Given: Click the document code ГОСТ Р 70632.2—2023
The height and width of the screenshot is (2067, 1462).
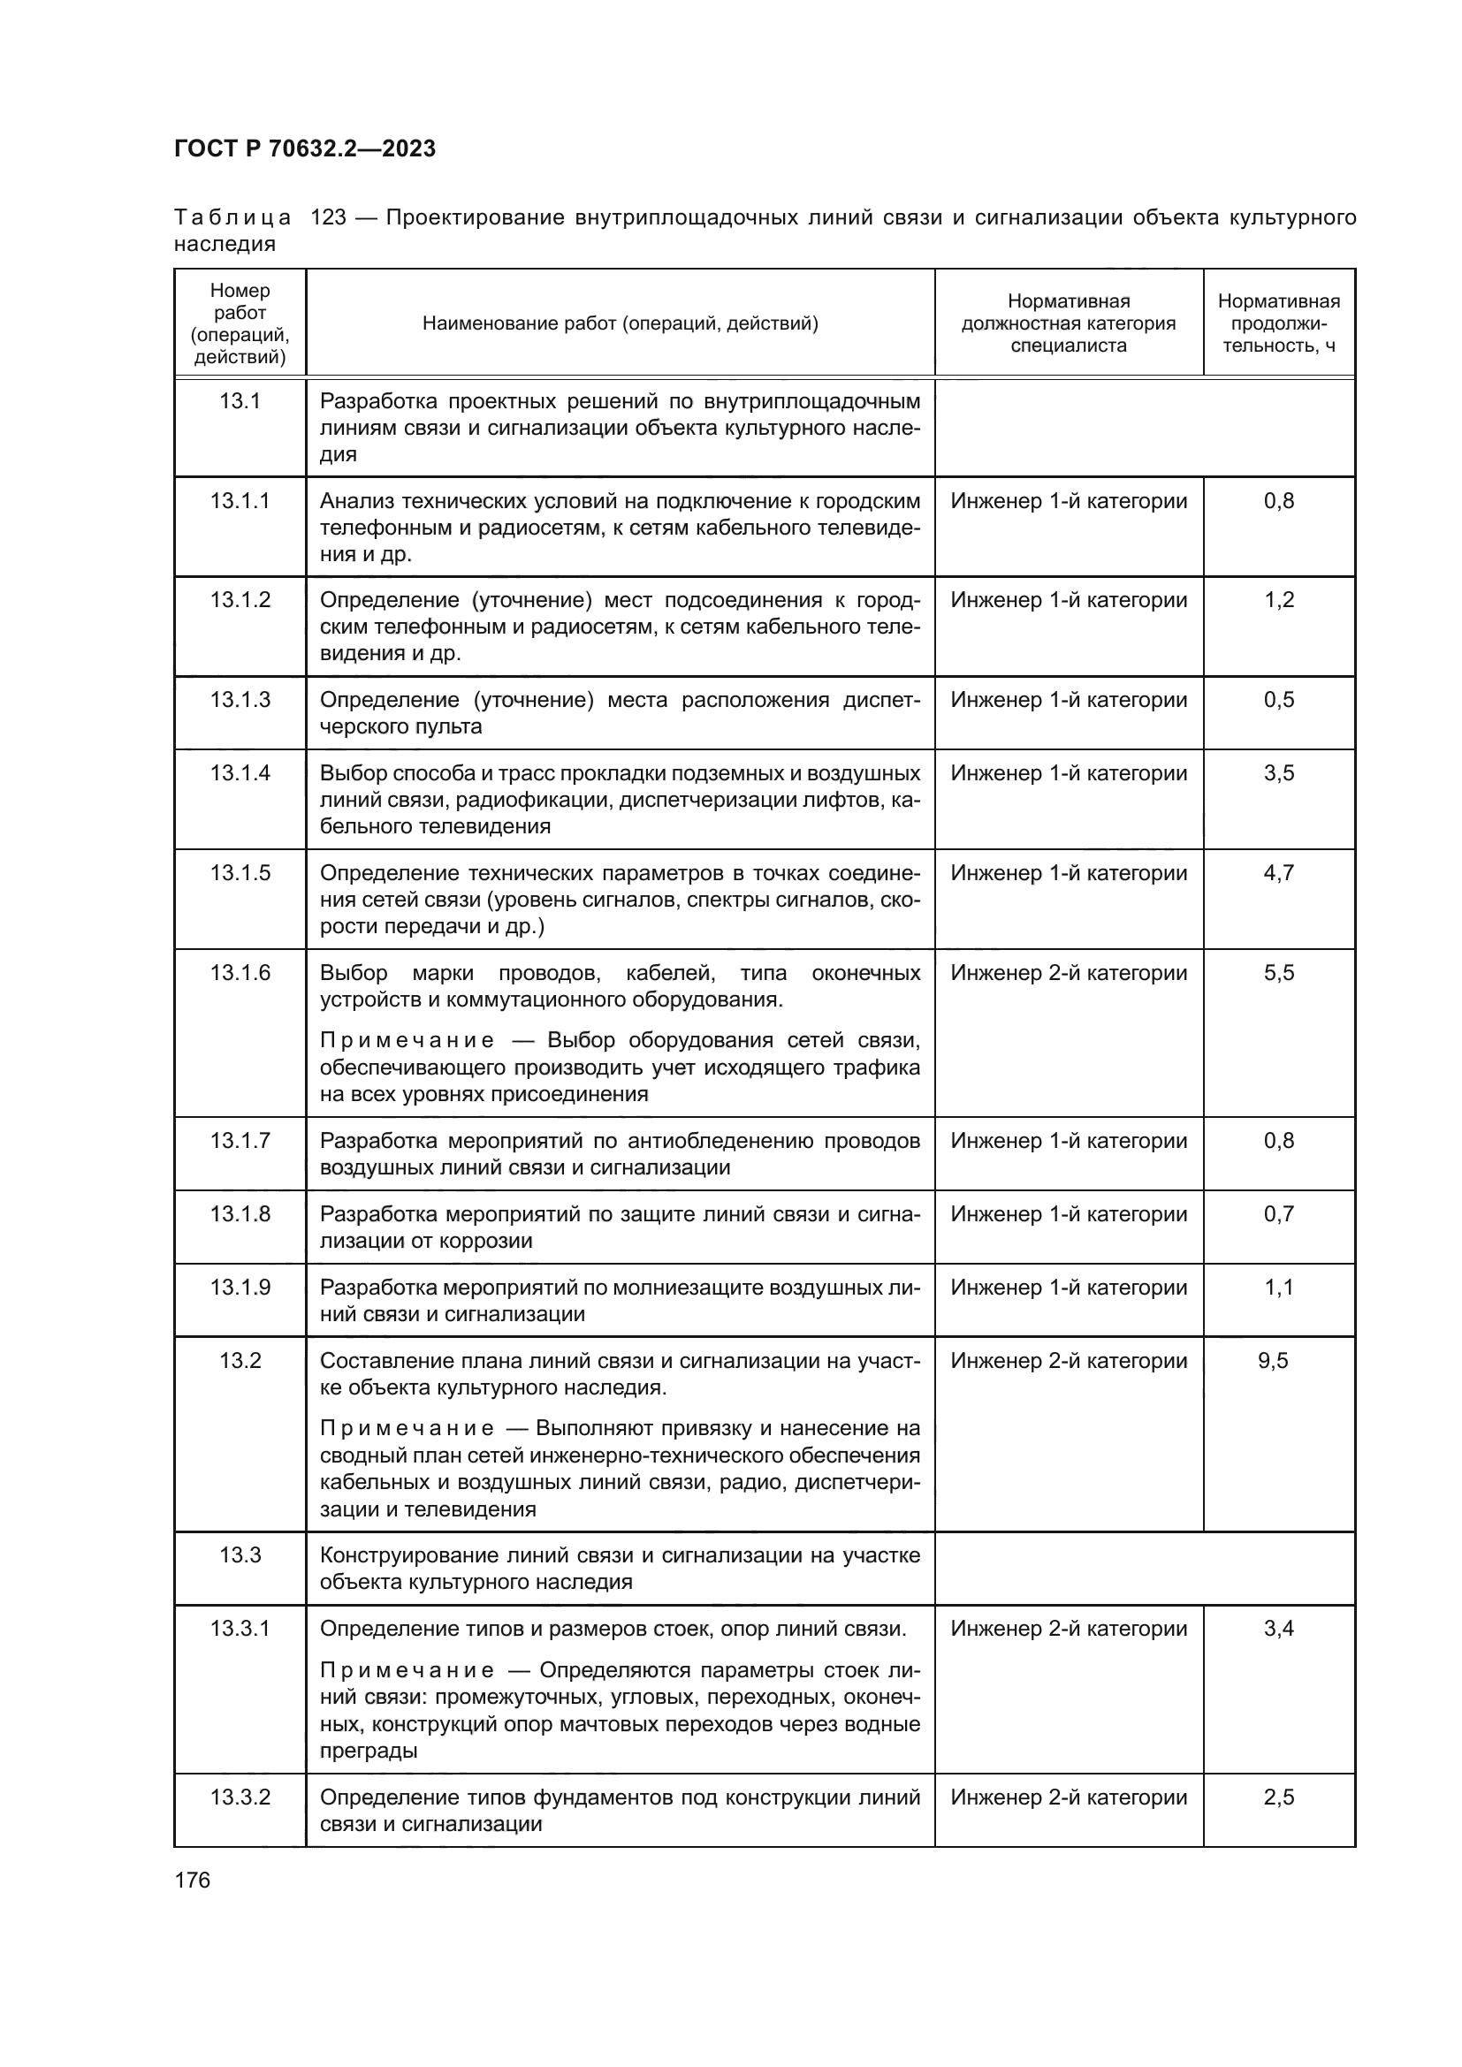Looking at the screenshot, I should click(304, 148).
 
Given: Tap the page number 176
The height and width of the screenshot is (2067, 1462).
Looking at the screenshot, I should click(192, 1880).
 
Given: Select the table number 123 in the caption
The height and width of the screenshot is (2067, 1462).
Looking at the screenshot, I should click(328, 218).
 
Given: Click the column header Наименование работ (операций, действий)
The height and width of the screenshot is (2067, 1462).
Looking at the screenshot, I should click(621, 323).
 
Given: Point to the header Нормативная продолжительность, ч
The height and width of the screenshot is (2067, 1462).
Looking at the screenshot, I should click(1277, 323).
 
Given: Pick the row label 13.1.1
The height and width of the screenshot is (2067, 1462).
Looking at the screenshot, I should click(240, 500).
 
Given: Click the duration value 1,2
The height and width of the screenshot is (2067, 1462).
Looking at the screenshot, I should click(1278, 599).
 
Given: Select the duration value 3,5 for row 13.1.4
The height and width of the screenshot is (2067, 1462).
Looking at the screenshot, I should click(1278, 773).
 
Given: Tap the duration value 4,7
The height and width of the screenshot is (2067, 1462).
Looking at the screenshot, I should click(1278, 872).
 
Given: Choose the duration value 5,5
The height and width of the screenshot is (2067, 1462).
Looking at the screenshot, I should click(1278, 972).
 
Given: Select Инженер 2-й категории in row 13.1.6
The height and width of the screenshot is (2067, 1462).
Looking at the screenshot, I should click(1069, 972).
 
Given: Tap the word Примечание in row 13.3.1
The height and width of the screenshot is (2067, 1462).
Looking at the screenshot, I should click(407, 1671).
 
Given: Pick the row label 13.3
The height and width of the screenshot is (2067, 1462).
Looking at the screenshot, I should click(240, 1554).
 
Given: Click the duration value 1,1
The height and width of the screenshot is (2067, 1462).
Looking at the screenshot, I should click(1278, 1288).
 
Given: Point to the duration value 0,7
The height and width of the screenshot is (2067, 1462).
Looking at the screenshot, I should click(1278, 1213).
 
